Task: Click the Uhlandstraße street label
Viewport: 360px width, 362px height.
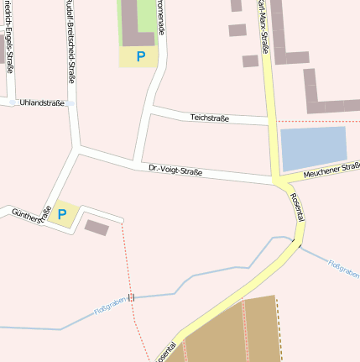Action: pyautogui.click(x=41, y=102)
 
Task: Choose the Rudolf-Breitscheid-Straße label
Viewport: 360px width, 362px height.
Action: pyautogui.click(x=70, y=42)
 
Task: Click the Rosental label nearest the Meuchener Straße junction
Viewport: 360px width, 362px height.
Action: pyautogui.click(x=297, y=207)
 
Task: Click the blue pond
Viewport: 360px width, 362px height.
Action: pyautogui.click(x=313, y=149)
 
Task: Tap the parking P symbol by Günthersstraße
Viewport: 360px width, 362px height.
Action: pyautogui.click(x=62, y=215)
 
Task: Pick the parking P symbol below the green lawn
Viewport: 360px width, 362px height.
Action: pyautogui.click(x=141, y=56)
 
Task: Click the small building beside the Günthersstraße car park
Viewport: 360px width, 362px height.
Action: pyautogui.click(x=97, y=227)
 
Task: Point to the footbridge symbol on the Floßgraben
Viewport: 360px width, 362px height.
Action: pyautogui.click(x=131, y=296)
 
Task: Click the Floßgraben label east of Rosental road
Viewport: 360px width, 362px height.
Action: pyautogui.click(x=344, y=269)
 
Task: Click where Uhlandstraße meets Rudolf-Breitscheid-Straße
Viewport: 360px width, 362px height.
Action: pyautogui.click(x=71, y=102)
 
